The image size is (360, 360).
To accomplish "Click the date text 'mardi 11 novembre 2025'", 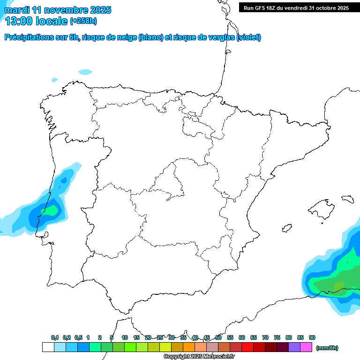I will point(58,10).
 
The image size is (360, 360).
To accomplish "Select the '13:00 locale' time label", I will point(36,21).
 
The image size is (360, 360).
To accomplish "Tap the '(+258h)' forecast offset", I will point(83,21).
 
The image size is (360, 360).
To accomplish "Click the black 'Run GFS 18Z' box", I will point(296,7).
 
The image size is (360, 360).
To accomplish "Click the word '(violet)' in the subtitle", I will point(249,37).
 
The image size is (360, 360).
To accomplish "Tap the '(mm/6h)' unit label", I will point(327,348).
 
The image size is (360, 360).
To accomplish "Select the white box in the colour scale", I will point(48,347).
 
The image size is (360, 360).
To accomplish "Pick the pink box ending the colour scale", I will point(306,347).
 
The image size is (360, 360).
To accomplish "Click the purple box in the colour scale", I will point(294,347).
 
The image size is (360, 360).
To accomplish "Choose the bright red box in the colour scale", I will point(247,347).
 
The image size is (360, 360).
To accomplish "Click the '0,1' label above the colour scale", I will point(55,337).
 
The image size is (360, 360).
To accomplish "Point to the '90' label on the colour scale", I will point(312,337).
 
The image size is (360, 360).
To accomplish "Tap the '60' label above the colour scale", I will point(242,337).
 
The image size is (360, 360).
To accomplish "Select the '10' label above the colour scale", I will point(125,337).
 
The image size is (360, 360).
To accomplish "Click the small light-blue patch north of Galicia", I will point(85,72).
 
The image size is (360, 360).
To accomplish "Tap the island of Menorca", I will point(347,199).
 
